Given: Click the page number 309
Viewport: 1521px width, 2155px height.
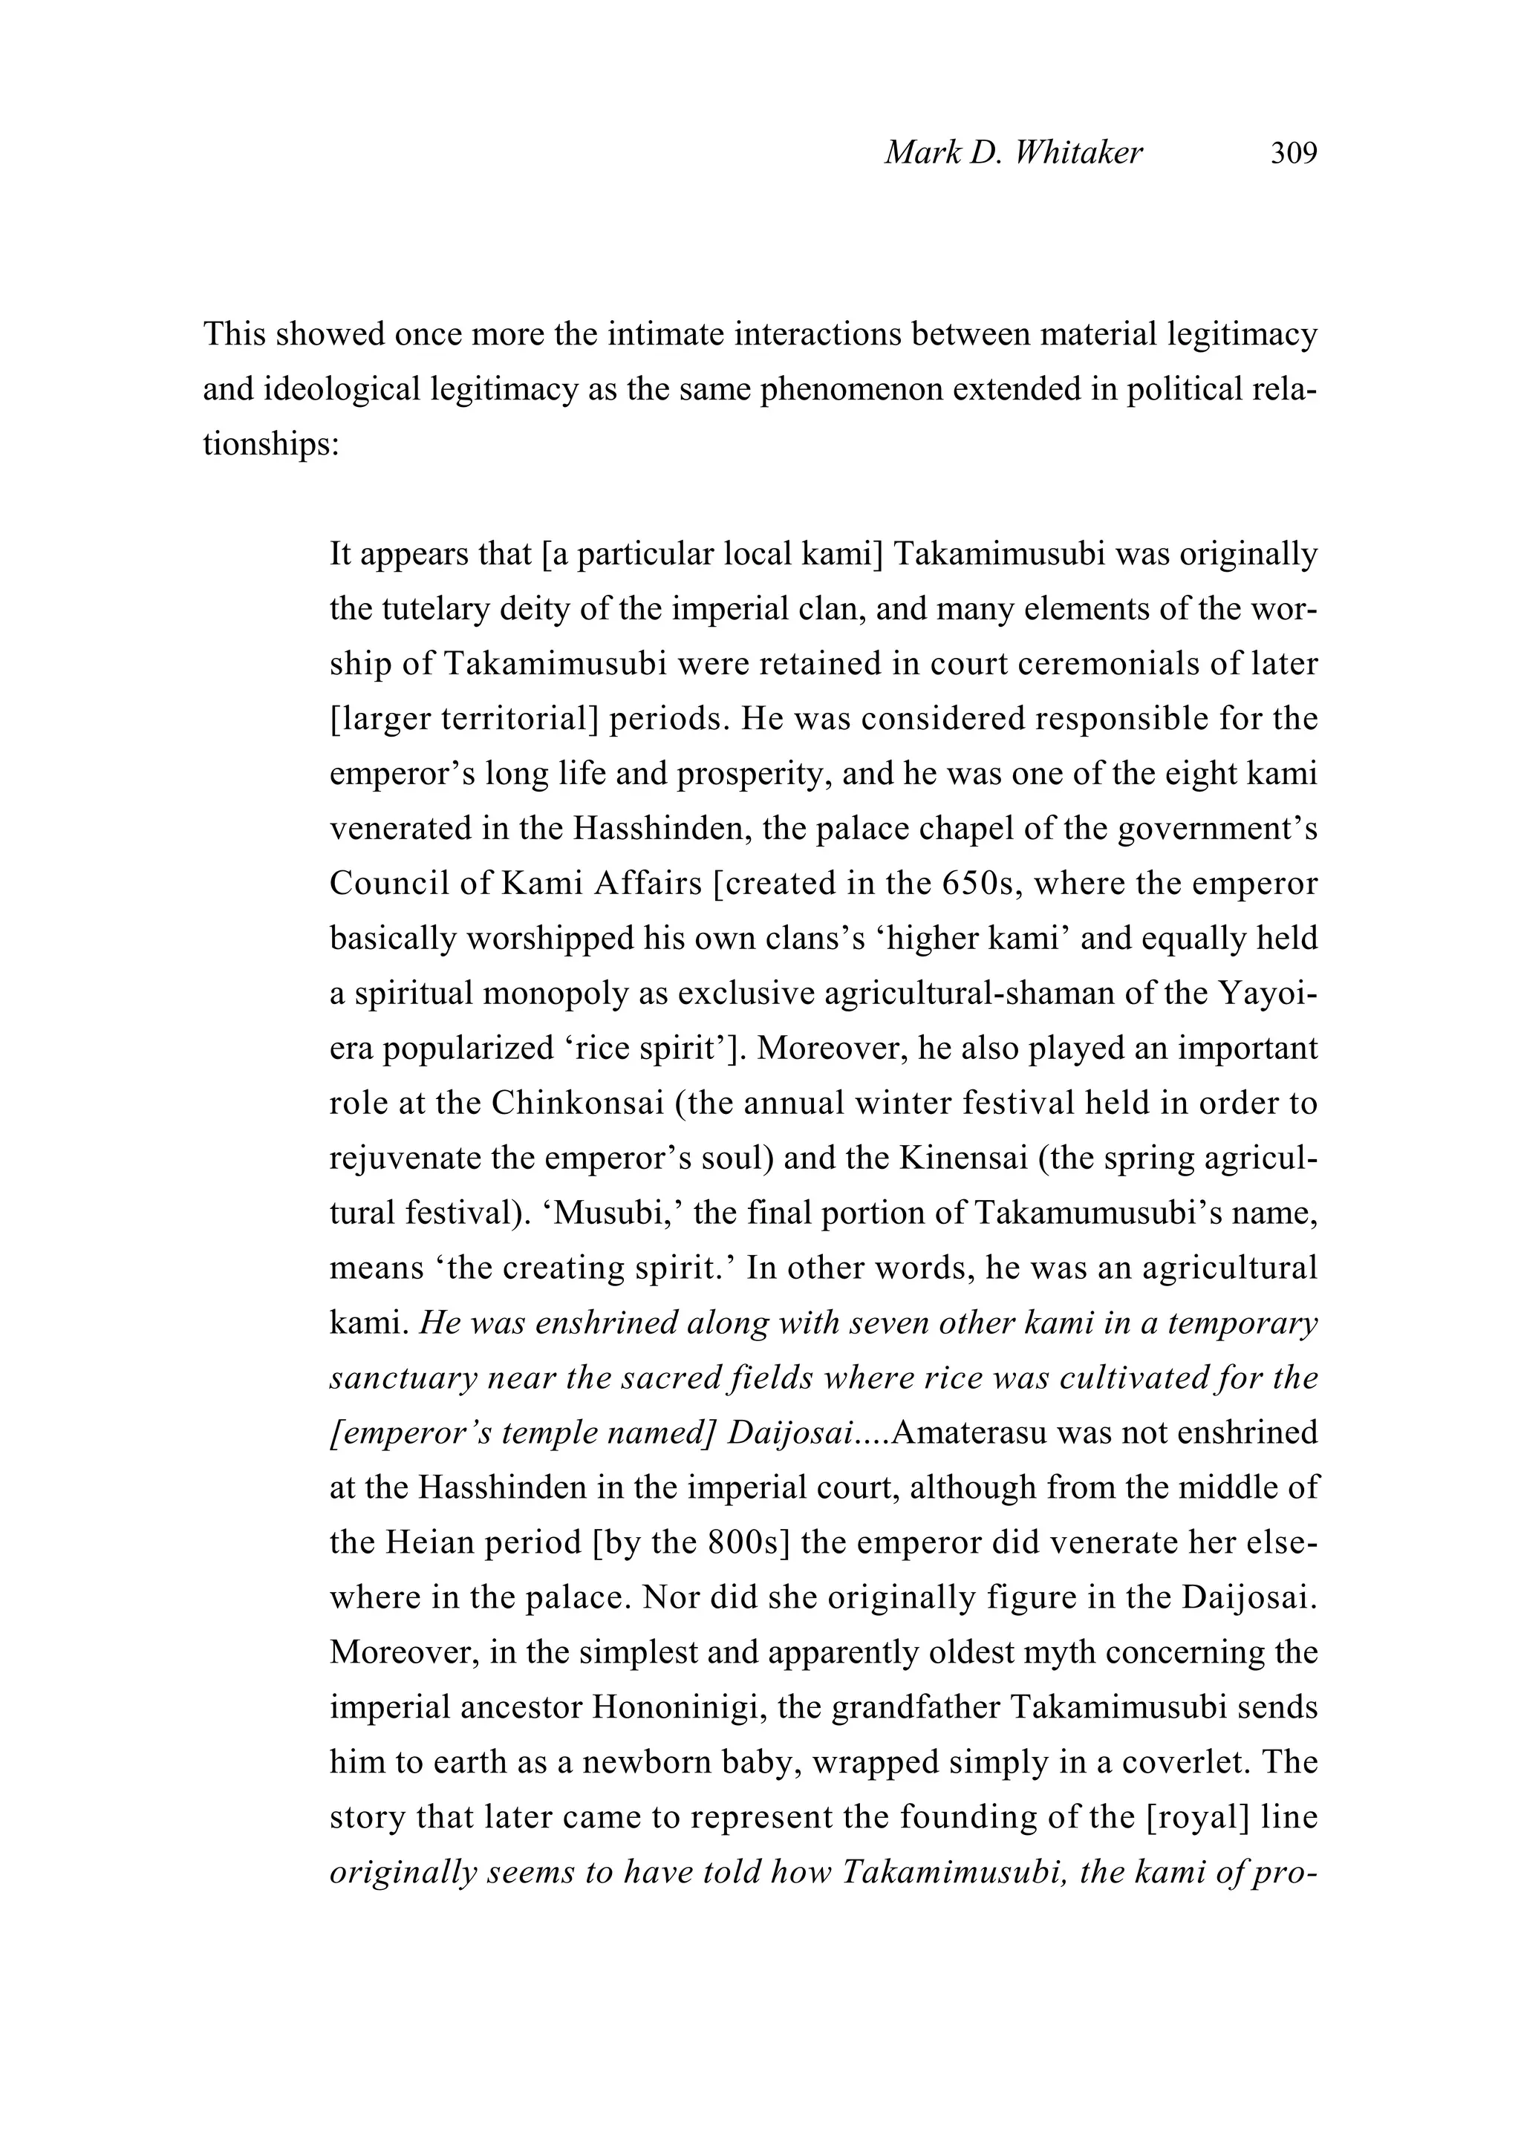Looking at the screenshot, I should pos(1293,153).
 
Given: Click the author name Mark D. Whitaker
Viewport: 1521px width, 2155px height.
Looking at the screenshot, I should pos(1013,153).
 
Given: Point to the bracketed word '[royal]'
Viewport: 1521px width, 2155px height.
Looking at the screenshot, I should pos(1197,1817).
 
